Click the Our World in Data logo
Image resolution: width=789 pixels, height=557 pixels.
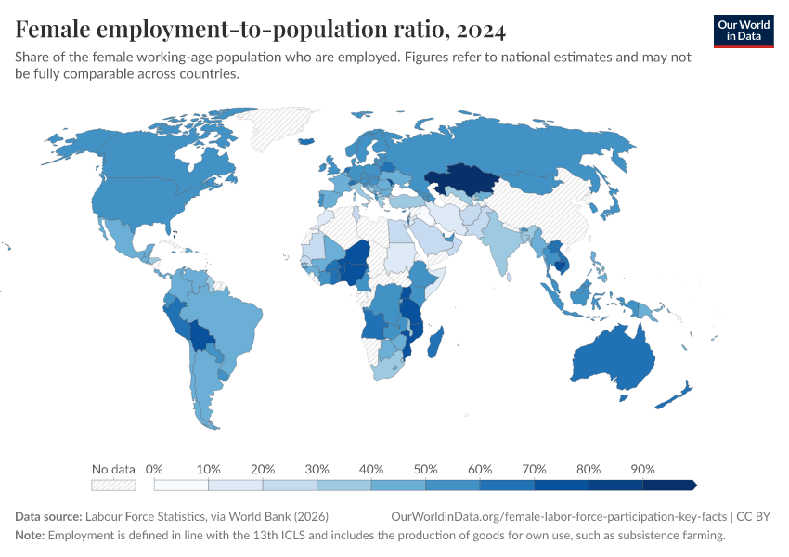point(744,31)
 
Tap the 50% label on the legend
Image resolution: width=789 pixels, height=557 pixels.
point(425,469)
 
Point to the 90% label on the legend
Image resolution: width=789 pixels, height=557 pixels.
point(642,469)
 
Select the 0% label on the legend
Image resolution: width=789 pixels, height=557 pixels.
point(154,469)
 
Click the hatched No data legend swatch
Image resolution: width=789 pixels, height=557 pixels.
point(113,485)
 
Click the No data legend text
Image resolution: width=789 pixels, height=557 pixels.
point(113,469)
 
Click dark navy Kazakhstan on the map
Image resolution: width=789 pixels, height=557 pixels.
point(459,178)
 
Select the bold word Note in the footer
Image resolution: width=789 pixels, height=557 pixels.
point(30,536)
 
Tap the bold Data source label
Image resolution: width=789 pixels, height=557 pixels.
point(48,517)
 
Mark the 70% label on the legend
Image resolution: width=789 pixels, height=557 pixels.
point(534,469)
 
